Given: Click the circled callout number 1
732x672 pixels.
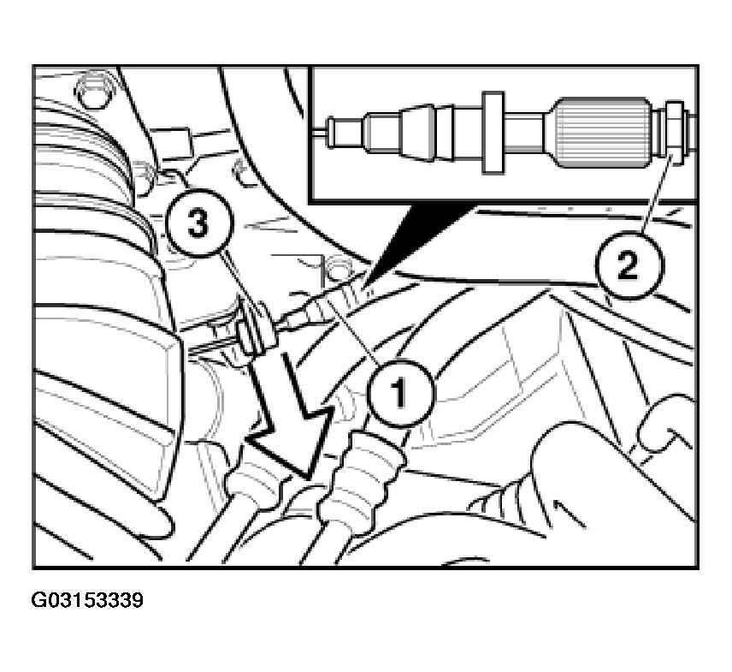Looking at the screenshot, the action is coord(400,393).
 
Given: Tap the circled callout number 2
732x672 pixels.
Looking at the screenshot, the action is coord(629,265).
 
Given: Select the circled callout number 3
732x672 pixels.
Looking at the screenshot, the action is coord(199,223).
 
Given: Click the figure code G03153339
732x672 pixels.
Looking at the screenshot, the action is coord(87,600).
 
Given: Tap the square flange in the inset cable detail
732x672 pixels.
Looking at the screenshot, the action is coord(493,132).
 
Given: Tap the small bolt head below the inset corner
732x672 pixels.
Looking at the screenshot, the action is coord(337,271).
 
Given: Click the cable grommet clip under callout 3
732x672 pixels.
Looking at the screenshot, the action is coord(255,330).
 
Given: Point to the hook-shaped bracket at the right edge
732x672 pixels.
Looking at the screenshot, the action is coord(664,423).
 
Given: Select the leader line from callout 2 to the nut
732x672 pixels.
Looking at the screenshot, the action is coord(656,196).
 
